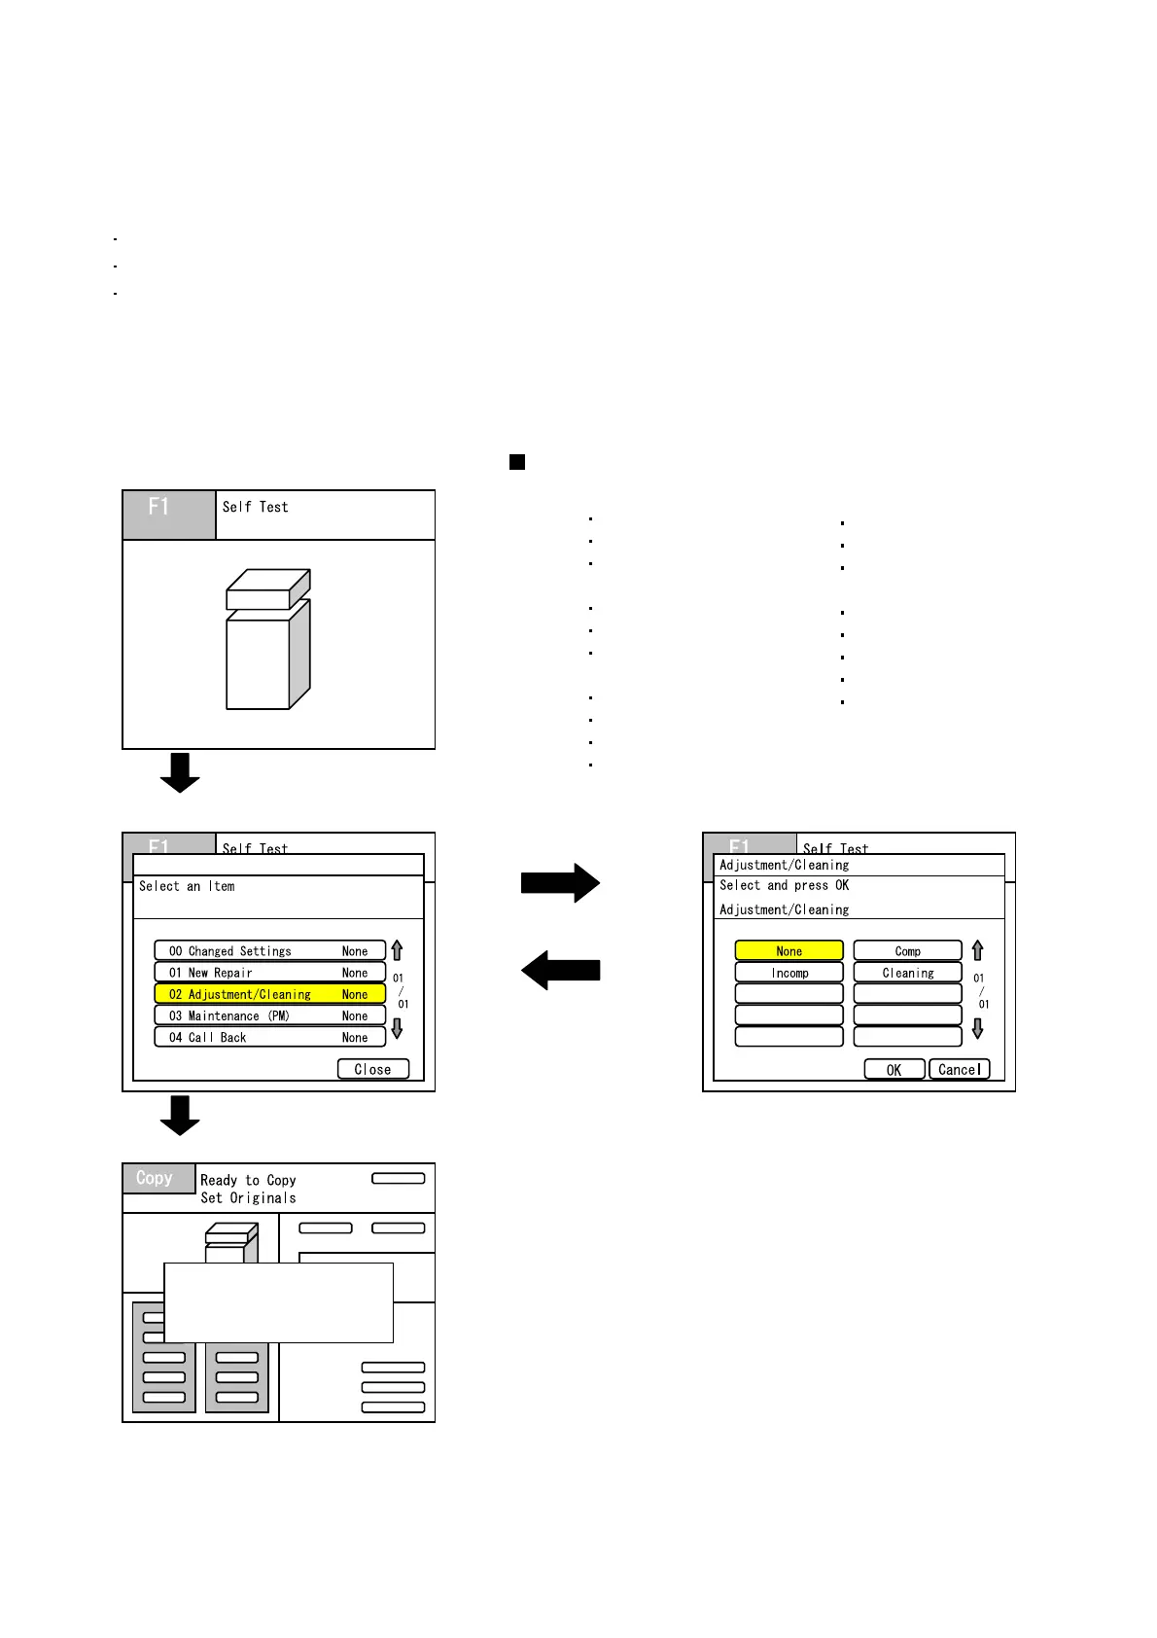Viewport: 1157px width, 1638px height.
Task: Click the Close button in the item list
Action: point(373,1069)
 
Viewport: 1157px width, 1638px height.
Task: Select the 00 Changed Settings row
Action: point(269,951)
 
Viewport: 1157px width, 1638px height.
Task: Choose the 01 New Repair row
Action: point(269,973)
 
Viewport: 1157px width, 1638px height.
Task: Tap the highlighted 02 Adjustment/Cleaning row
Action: point(269,994)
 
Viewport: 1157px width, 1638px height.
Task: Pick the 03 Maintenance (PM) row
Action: point(269,1015)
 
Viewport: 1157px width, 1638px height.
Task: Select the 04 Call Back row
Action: point(269,1037)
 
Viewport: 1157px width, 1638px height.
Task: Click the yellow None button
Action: point(789,951)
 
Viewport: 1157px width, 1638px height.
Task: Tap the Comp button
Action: point(907,951)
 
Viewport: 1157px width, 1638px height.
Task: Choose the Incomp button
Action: point(789,973)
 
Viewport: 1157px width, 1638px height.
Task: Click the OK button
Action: point(894,1070)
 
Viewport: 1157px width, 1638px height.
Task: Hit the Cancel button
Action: point(959,1070)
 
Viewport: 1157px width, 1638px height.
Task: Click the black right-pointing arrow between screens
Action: point(560,883)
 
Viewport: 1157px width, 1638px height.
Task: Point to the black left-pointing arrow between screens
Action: point(560,970)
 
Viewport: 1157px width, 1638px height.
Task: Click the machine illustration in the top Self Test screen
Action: point(268,639)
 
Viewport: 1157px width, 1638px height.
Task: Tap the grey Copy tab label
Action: point(156,1178)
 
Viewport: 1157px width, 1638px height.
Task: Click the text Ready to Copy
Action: point(248,1180)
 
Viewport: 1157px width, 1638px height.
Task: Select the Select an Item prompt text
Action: point(187,886)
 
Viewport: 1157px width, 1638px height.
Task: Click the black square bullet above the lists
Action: point(517,462)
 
